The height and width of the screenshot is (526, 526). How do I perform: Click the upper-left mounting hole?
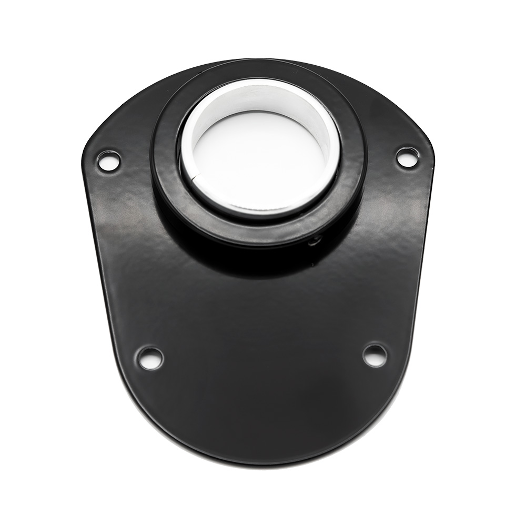[x=109, y=160]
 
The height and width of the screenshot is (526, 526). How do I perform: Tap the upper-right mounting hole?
[x=408, y=157]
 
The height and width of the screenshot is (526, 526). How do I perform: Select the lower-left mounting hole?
[x=150, y=357]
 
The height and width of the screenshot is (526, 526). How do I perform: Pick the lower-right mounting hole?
[x=375, y=355]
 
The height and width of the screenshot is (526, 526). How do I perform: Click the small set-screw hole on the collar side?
[x=315, y=241]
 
